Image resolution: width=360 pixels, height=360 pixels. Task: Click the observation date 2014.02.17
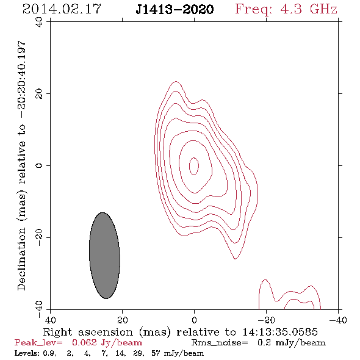(62, 9)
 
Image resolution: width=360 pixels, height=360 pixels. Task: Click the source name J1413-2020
(175, 10)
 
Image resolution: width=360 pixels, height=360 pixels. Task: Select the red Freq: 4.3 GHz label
(286, 10)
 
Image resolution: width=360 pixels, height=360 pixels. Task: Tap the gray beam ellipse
(104, 256)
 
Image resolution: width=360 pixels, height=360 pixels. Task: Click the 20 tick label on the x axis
(122, 320)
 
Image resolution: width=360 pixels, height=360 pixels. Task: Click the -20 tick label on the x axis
(266, 320)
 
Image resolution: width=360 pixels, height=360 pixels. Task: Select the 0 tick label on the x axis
(194, 320)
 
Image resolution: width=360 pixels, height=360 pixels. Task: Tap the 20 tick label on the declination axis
(39, 93)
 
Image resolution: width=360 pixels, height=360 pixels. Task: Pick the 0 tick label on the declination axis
(39, 165)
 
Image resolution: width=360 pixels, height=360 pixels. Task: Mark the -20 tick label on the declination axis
(39, 237)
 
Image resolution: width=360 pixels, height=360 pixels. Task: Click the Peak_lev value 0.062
(84, 342)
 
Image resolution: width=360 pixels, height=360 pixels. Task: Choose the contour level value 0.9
(49, 353)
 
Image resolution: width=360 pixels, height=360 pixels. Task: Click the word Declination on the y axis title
(21, 259)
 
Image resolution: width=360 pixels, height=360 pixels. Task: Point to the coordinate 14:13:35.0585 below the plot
(280, 332)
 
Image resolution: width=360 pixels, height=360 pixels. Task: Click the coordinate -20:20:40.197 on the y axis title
(21, 79)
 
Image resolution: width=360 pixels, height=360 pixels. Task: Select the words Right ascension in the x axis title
(88, 332)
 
